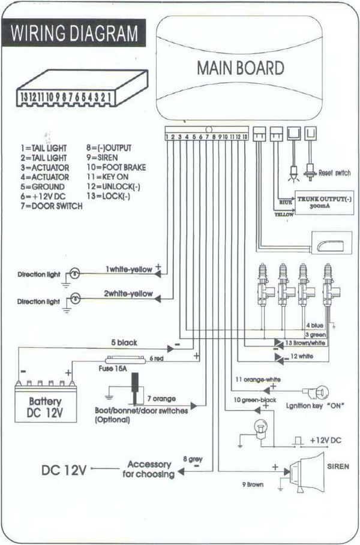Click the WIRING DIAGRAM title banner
75,33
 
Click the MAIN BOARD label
240,68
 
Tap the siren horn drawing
307,471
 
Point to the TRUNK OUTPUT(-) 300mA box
323,201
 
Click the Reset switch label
334,173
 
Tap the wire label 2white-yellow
128,294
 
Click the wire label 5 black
124,343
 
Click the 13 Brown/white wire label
306,343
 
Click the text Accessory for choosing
149,469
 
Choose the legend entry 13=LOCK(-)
108,196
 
